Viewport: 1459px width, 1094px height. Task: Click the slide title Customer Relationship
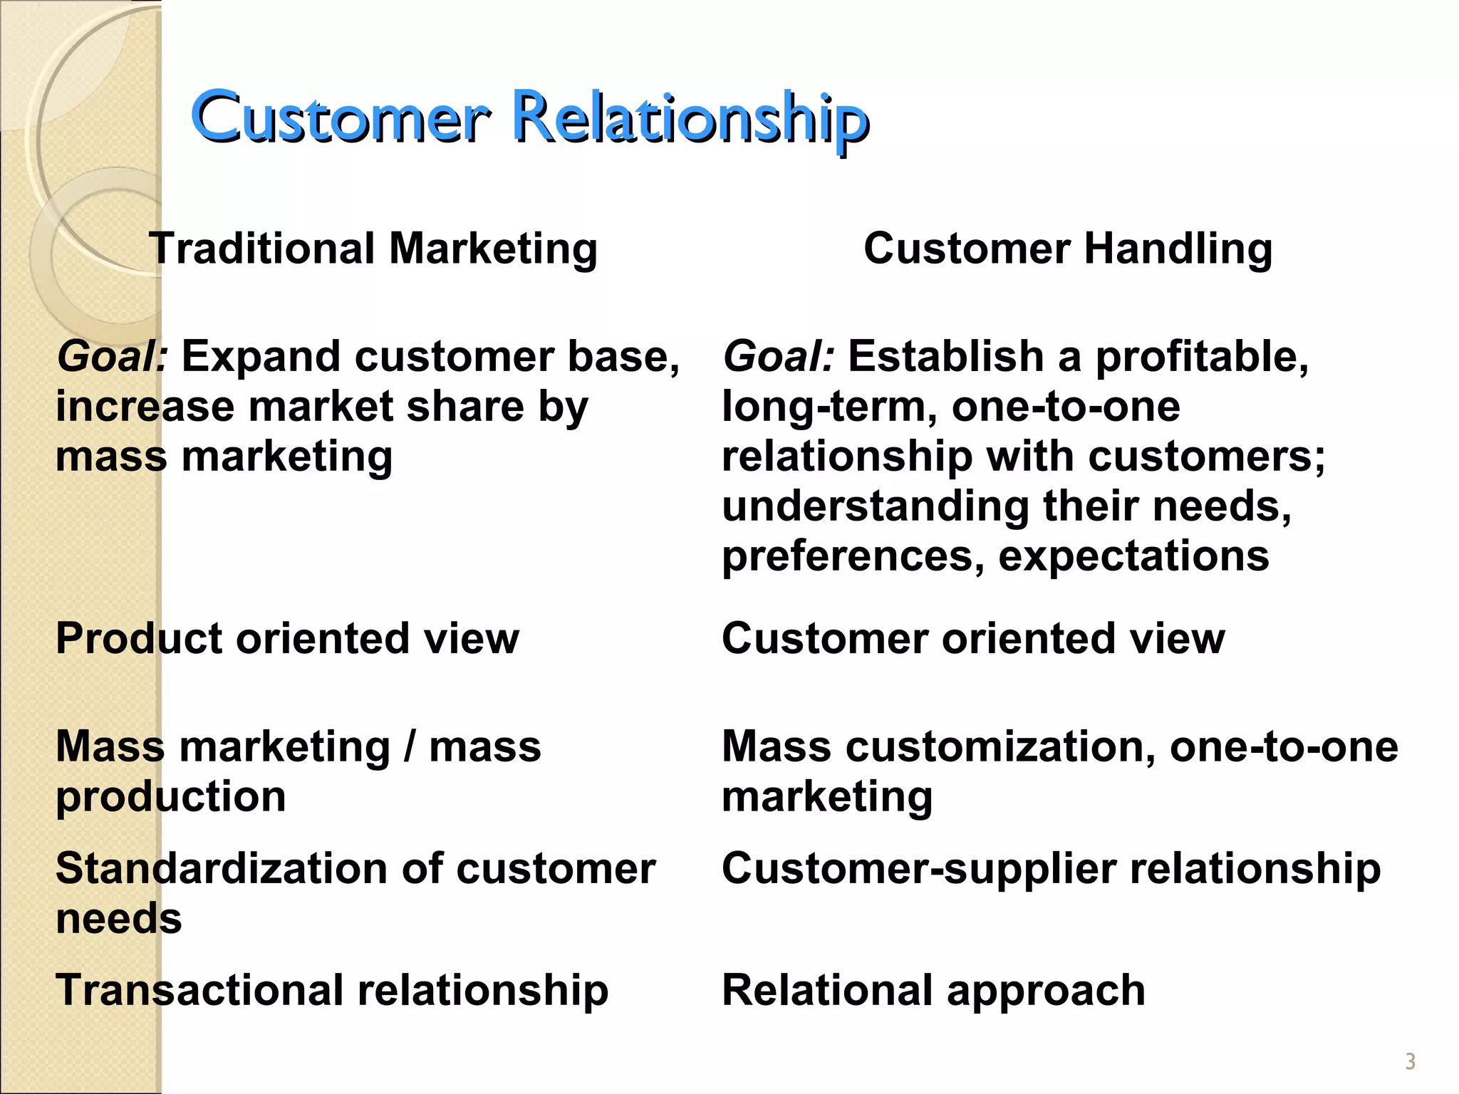click(529, 118)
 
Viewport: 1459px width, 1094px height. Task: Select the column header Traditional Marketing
click(373, 249)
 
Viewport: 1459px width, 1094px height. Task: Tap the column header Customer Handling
click(1068, 249)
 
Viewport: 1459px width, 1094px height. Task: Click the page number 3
click(1410, 1062)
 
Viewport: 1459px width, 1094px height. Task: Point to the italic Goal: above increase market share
click(112, 356)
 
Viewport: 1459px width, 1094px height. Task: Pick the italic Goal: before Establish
click(778, 356)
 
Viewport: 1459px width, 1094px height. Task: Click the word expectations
click(1133, 556)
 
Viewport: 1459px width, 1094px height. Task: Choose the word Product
click(140, 638)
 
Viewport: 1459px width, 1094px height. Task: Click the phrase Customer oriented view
click(973, 638)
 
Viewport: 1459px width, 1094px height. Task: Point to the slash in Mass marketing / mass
click(409, 746)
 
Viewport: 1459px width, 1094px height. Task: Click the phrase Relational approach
click(933, 991)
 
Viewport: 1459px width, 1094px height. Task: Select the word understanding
click(876, 507)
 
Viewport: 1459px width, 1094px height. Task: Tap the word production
click(171, 796)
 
